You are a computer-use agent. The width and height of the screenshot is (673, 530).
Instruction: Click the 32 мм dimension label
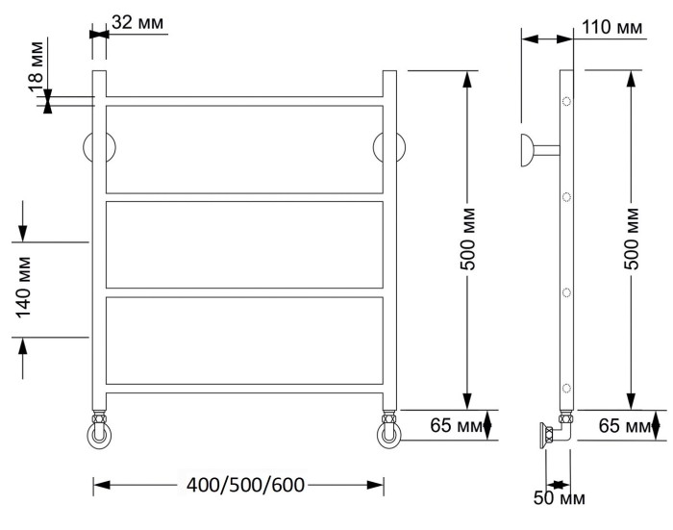137,22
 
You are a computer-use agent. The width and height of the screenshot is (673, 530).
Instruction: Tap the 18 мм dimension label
37,66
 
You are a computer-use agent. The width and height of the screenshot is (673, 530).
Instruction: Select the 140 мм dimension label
23,288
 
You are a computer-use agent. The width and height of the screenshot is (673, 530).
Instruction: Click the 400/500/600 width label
245,485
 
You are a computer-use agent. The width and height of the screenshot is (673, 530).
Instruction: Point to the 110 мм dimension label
612,27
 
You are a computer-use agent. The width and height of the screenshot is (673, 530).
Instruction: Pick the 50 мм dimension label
560,498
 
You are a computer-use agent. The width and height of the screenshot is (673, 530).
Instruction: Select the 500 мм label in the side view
631,239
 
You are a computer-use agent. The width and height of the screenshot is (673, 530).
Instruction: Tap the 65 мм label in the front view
457,425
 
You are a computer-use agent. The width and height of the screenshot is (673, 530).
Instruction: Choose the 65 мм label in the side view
625,425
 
